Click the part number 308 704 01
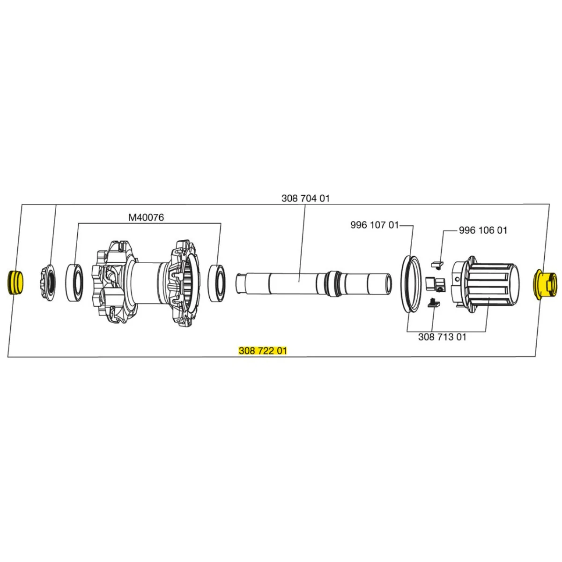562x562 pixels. point(305,199)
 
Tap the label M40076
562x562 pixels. point(146,217)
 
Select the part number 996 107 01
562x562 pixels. point(375,225)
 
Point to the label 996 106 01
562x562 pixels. point(483,230)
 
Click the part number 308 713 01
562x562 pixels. point(442,337)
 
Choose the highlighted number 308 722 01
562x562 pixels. point(263,351)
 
